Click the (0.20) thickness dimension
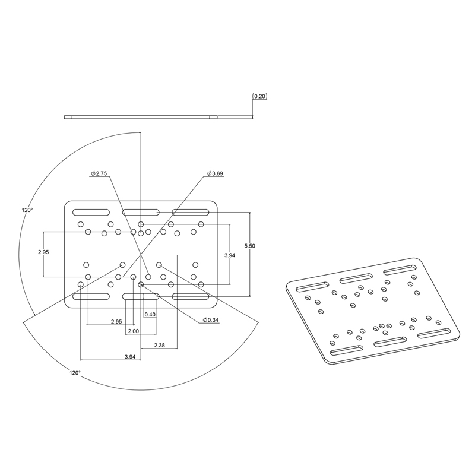pos(259,96)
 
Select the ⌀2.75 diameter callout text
pos(99,173)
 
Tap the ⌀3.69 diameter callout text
pos(215,173)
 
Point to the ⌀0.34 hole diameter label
pos(211,320)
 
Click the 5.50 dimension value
pos(249,246)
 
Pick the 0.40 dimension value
pos(150,315)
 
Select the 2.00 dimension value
pos(133,331)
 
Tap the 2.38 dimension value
pos(159,345)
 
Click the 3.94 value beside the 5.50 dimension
pos(230,255)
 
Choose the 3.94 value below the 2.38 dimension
pos(130,357)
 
